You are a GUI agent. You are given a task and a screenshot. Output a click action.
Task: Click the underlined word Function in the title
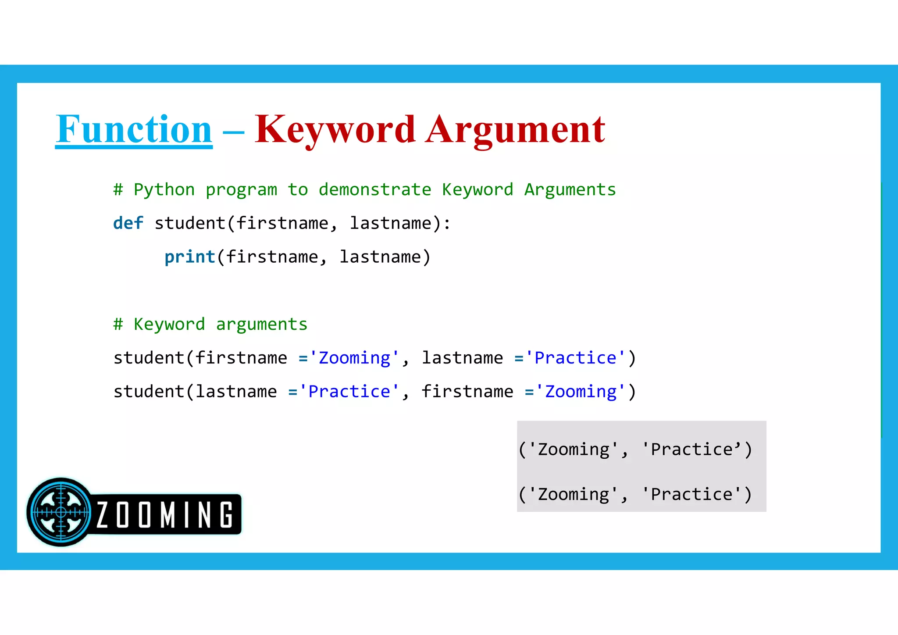134,129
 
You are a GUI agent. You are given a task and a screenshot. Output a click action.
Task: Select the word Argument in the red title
516,129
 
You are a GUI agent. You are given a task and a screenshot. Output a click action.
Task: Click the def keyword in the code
128,223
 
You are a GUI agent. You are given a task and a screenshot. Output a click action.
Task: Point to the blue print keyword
190,257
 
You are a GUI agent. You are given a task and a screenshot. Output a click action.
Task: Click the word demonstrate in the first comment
375,190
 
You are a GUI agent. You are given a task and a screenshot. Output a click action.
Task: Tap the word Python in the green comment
164,190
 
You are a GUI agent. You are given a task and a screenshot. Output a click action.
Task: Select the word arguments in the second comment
262,325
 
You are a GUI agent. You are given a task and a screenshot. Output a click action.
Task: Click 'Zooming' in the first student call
354,358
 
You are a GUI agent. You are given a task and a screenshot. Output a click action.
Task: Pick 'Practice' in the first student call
575,358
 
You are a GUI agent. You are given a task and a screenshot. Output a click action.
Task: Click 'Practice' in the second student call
349,392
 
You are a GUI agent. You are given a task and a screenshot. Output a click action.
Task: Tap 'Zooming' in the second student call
581,392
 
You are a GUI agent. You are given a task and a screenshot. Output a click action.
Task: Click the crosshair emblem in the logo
61,512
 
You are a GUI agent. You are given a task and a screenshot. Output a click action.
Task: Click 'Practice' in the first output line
691,449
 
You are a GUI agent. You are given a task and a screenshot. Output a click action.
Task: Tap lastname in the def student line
390,223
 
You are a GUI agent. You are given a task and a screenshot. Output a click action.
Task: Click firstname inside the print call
272,257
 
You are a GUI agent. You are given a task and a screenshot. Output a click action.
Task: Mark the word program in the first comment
241,190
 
